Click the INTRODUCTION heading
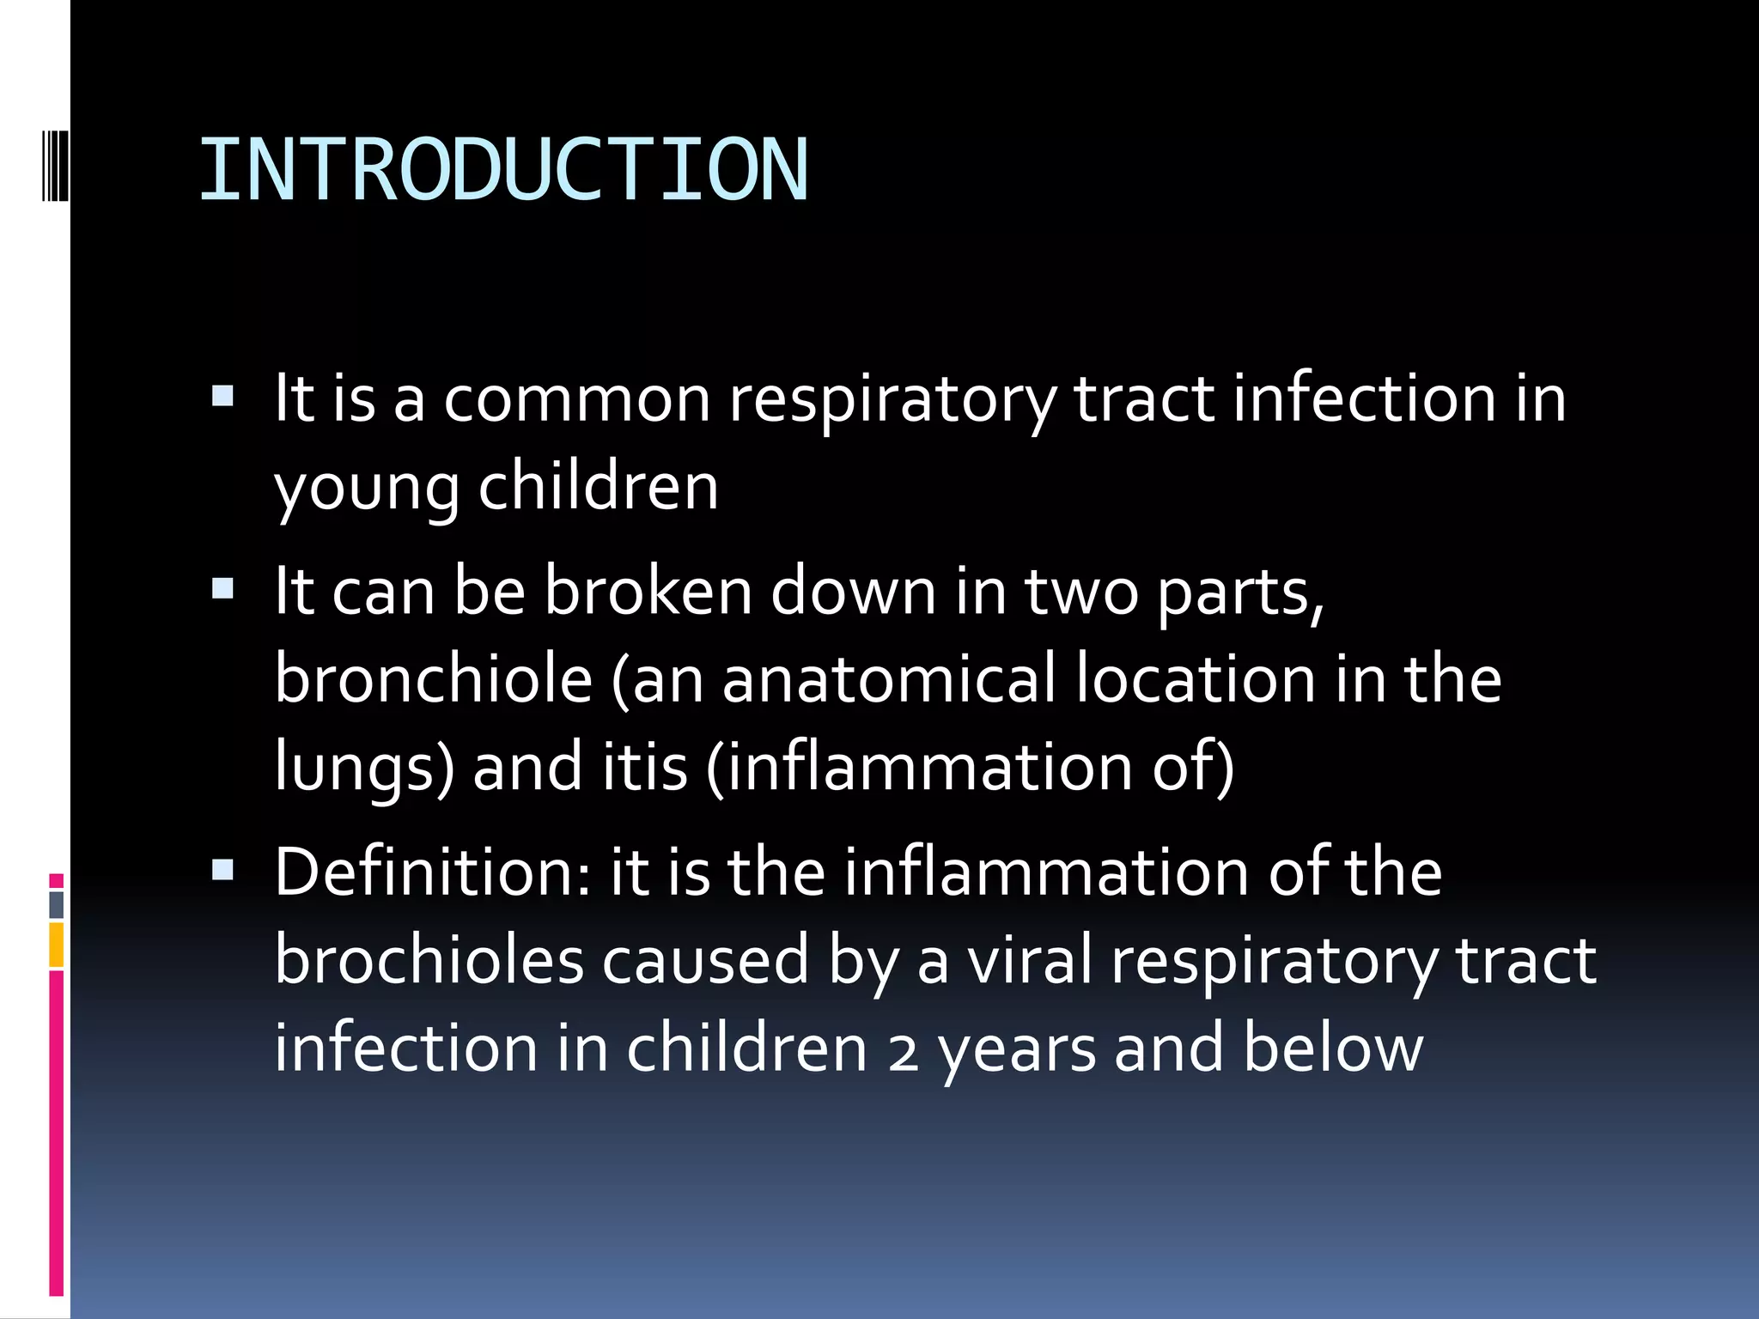[x=503, y=170]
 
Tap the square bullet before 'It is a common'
[x=222, y=396]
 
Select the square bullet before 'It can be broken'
[x=222, y=588]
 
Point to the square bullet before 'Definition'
[x=222, y=870]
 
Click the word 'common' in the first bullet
[x=577, y=399]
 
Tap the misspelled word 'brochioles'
[x=429, y=960]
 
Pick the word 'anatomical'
[x=888, y=678]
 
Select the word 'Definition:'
[x=434, y=872]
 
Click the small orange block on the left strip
[x=56, y=945]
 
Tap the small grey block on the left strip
[x=56, y=904]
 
